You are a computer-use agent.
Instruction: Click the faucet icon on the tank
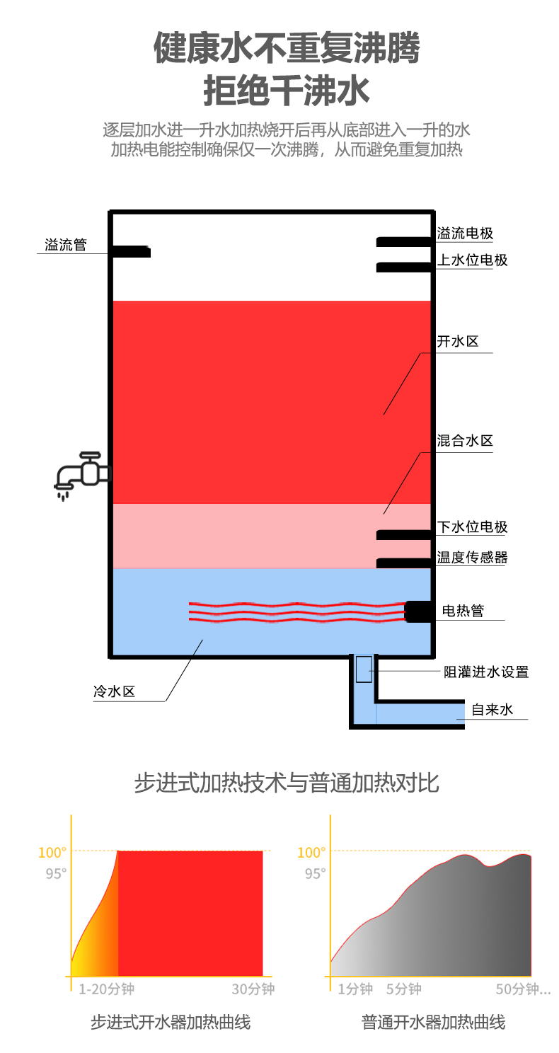tap(81, 476)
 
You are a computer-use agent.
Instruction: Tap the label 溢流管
tap(66, 244)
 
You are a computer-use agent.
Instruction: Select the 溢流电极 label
tap(465, 233)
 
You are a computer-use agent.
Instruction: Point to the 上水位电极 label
tap(472, 260)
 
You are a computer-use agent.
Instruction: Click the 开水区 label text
tap(457, 341)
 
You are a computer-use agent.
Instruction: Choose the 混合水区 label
tap(465, 440)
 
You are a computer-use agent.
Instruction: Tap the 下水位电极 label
tap(472, 527)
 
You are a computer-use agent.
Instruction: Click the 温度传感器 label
tap(472, 558)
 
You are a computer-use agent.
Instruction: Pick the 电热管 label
tap(463, 611)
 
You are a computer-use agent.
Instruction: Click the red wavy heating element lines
tap(296, 612)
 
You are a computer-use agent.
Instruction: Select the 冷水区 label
tap(114, 691)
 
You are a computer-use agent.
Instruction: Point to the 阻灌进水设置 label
tap(486, 672)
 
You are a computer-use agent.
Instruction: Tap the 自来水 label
tap(492, 709)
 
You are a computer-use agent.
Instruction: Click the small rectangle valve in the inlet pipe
tap(364, 669)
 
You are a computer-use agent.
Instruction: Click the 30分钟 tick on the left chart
tap(253, 989)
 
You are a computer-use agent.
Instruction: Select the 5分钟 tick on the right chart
tap(404, 989)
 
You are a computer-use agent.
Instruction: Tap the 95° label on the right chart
tap(315, 874)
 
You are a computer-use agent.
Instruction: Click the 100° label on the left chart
tap(52, 853)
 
